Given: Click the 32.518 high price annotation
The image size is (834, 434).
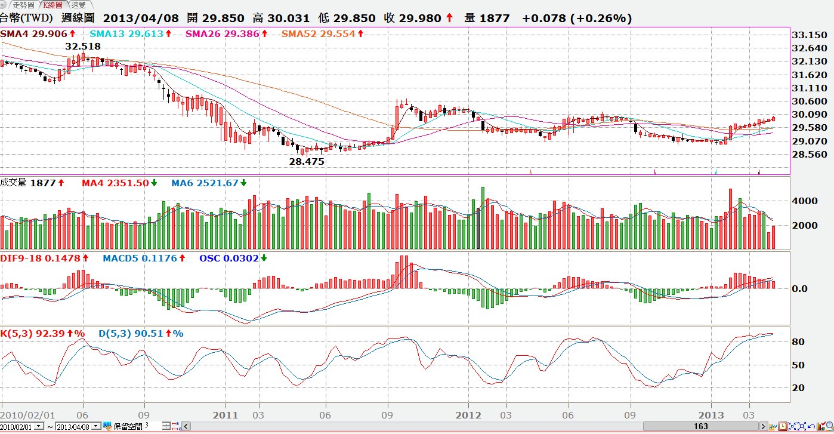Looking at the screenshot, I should coord(83,46).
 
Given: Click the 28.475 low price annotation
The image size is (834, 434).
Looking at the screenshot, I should coord(307,161).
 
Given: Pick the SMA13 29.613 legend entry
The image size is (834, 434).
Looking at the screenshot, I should coord(126,34).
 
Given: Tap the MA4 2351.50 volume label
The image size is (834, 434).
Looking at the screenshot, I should coord(115,183).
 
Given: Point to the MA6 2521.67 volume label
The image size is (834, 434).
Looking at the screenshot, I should coord(205,183).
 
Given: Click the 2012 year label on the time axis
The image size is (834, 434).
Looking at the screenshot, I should coord(468,415).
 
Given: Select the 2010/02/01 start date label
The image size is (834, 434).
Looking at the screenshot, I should coord(28,415).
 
